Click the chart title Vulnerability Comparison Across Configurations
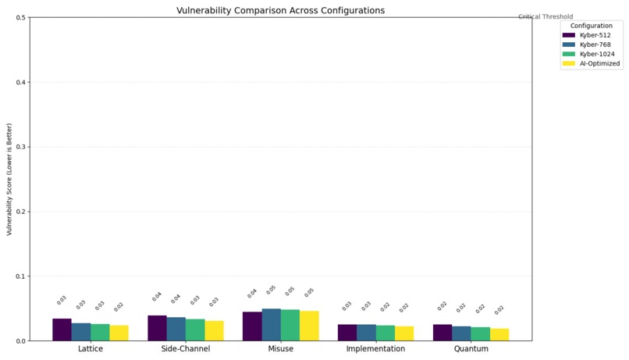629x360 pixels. tap(282, 10)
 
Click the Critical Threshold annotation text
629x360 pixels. tap(545, 16)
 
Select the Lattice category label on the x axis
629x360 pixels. tap(91, 349)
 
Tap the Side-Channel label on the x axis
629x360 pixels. tap(186, 349)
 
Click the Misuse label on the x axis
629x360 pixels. tap(281, 349)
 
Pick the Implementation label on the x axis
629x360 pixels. tap(376, 349)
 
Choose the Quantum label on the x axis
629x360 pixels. tap(471, 349)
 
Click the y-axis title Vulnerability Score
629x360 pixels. tap(9, 179)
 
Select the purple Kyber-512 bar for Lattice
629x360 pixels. tap(62, 330)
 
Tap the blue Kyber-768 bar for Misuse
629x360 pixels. tap(271, 325)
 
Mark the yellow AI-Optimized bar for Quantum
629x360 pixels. tap(499, 335)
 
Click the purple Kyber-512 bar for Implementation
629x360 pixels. tap(347, 333)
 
